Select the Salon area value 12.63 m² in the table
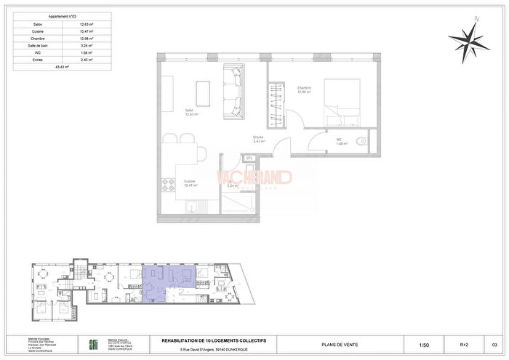click(x=88, y=24)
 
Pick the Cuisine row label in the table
click(x=37, y=31)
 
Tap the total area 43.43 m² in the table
click(x=62, y=66)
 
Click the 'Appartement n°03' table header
click(x=62, y=15)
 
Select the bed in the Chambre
click(x=341, y=99)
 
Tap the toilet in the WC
click(x=362, y=141)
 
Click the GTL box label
click(x=249, y=158)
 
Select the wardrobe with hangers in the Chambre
click(x=276, y=105)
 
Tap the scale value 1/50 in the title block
click(x=424, y=345)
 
